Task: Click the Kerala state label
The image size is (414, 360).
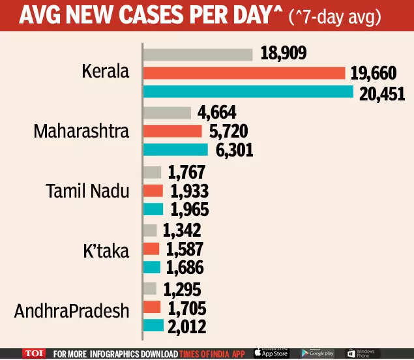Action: point(105,73)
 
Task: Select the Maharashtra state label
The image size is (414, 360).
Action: point(81,131)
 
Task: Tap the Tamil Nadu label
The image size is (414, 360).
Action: point(87,191)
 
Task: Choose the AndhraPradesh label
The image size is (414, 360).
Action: point(72,311)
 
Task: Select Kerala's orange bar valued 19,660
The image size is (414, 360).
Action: point(243,72)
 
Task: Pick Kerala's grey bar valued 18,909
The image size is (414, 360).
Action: point(198,53)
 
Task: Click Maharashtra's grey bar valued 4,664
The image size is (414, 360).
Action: point(166,112)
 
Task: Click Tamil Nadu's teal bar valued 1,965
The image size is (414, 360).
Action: point(153,209)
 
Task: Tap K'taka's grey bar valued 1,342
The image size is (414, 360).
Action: point(150,230)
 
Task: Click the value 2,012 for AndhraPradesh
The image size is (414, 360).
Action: point(186,325)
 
